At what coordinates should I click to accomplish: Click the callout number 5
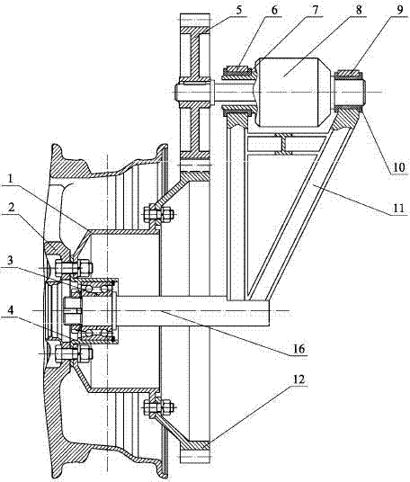point(239,10)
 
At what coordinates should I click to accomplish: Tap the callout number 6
point(274,10)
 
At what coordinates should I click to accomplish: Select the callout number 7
point(316,10)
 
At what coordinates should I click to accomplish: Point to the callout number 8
point(359,10)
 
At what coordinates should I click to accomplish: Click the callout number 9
point(399,10)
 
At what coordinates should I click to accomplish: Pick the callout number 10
point(398,167)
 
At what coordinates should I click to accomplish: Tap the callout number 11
point(399,208)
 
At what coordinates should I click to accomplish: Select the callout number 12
point(298,379)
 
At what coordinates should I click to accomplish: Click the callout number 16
point(299,349)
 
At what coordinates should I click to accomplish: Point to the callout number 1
point(11,179)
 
